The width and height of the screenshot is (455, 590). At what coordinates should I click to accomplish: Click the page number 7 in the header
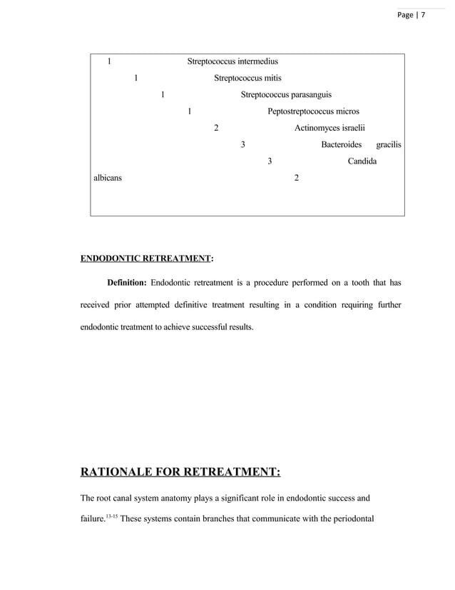421,15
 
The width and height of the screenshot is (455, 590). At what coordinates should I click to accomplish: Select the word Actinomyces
316,128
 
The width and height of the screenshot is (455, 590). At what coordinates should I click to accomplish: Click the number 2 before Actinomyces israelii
216,128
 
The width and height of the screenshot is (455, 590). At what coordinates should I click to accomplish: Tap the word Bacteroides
342,144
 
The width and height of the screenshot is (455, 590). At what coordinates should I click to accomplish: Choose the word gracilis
389,144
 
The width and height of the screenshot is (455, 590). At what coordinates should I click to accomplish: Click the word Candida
362,161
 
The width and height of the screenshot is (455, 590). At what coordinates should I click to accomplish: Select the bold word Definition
127,282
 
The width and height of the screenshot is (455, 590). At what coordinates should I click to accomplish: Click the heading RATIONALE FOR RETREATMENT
181,472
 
